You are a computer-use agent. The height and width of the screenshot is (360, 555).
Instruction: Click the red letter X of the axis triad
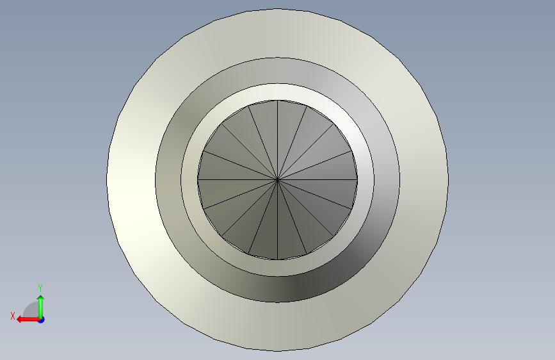[13, 316]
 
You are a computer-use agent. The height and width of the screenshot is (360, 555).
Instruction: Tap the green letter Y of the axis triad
[40, 288]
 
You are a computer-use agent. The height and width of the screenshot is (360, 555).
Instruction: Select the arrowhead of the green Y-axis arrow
[41, 299]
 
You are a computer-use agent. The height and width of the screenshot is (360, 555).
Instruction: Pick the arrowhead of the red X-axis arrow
[20, 320]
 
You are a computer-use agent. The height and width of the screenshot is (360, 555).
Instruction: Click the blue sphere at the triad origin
[42, 320]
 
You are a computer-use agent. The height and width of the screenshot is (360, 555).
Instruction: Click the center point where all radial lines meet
[278, 180]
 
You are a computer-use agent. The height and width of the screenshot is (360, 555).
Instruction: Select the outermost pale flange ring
[131, 180]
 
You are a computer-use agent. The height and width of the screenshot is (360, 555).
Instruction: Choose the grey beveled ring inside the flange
[168, 180]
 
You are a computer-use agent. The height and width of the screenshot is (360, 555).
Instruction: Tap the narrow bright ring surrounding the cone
[189, 180]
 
